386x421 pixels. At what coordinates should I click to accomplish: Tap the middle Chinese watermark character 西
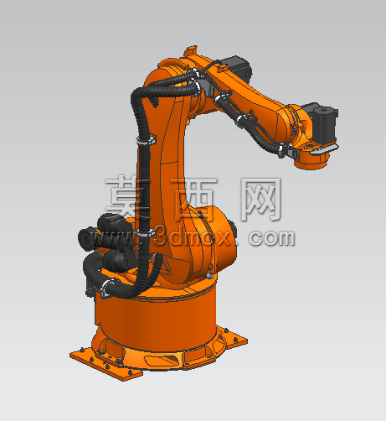(194, 199)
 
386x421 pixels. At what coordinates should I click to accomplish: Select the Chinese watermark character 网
(261, 199)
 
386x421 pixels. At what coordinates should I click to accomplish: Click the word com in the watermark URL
(271, 238)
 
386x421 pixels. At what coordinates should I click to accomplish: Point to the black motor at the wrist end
(324, 123)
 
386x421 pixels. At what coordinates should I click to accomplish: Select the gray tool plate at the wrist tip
(325, 149)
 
